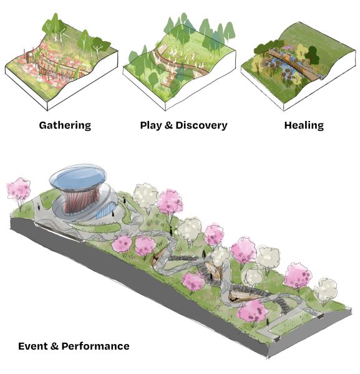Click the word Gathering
tap(65, 125)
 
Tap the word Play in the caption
tap(150, 125)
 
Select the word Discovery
tap(202, 125)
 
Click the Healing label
tap(304, 125)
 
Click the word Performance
tap(95, 346)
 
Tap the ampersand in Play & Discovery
tap(168, 125)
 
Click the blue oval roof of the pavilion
tap(78, 177)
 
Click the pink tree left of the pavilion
tap(19, 190)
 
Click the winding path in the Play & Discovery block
tap(181, 65)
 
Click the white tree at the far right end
tap(325, 289)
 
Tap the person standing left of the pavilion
tap(39, 206)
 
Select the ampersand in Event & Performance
tap(54, 346)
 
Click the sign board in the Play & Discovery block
tap(162, 49)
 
